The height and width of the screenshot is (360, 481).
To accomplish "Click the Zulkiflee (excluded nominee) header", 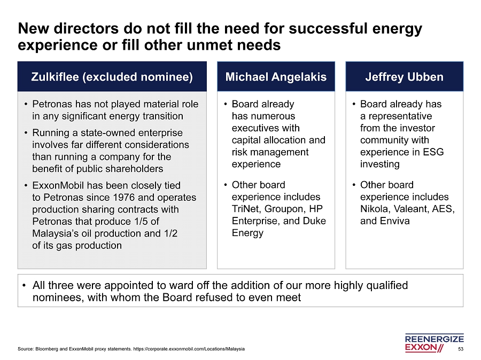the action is point(112,76).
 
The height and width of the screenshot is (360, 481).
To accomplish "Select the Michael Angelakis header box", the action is point(276,76).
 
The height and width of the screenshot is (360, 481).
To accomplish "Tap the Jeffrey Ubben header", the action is point(405,76).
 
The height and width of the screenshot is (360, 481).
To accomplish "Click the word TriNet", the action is point(246,209).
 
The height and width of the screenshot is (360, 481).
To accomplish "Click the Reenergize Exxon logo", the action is point(434,342).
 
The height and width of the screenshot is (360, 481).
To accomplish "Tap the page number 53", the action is point(461,349).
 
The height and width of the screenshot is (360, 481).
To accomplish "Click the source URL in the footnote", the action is point(189,349).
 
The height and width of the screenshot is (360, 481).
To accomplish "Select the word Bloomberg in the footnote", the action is point(46,349).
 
